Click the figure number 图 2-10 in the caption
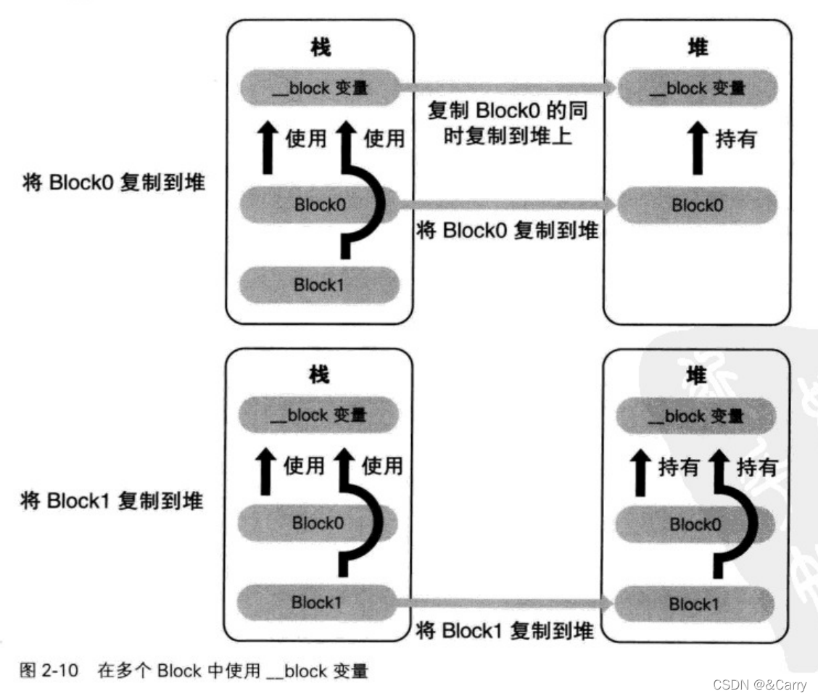[x=49, y=671]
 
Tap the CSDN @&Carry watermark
[x=759, y=684]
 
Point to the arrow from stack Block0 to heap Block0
[x=508, y=206]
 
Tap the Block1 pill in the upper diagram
[x=318, y=285]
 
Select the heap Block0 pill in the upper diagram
[x=696, y=205]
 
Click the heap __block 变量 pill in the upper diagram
[x=696, y=88]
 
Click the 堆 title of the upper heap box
[x=697, y=48]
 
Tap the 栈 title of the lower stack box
[x=318, y=375]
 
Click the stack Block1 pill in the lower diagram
[x=317, y=603]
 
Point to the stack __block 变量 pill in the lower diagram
[x=318, y=416]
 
